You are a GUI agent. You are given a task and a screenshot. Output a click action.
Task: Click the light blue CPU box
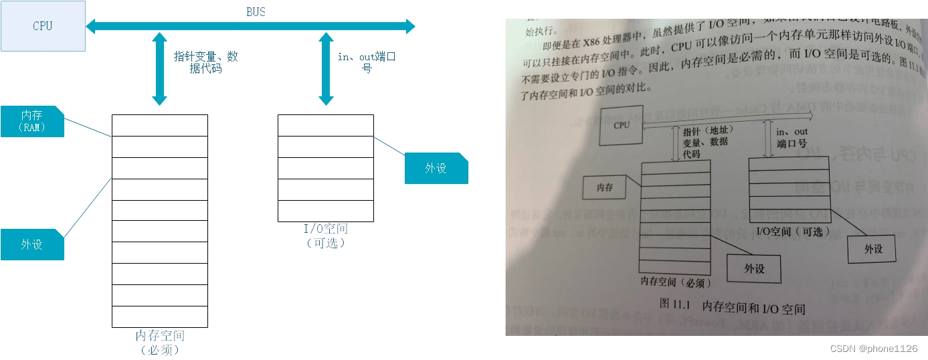click(43, 26)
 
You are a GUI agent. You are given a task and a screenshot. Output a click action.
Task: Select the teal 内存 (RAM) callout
click(32, 121)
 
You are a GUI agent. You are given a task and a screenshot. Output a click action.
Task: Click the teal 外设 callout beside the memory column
click(32, 244)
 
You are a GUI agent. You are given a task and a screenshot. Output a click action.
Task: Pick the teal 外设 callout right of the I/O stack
click(436, 168)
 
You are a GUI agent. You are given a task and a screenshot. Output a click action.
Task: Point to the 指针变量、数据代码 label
click(205, 62)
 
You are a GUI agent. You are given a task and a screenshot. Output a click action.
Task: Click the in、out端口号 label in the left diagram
click(367, 62)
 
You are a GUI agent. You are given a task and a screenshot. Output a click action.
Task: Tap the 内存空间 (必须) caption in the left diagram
click(160, 342)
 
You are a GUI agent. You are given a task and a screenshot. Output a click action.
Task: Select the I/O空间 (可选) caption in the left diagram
click(326, 236)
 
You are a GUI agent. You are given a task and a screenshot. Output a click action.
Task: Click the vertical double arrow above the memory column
click(159, 70)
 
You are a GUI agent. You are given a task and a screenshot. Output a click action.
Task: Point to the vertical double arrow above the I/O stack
click(326, 70)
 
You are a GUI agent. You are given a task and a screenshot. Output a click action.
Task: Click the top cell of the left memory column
click(159, 126)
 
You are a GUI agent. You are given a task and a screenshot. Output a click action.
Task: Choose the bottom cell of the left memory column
click(159, 317)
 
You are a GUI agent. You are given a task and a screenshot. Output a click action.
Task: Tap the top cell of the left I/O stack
click(326, 126)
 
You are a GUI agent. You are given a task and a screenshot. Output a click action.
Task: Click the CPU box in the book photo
click(621, 125)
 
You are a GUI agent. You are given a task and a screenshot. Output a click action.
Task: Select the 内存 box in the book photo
click(605, 188)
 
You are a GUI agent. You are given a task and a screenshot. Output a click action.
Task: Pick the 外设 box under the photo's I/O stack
click(872, 249)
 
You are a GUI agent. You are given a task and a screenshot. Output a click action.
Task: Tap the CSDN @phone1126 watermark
click(874, 349)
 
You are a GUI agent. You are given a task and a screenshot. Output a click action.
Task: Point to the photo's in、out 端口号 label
click(792, 137)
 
